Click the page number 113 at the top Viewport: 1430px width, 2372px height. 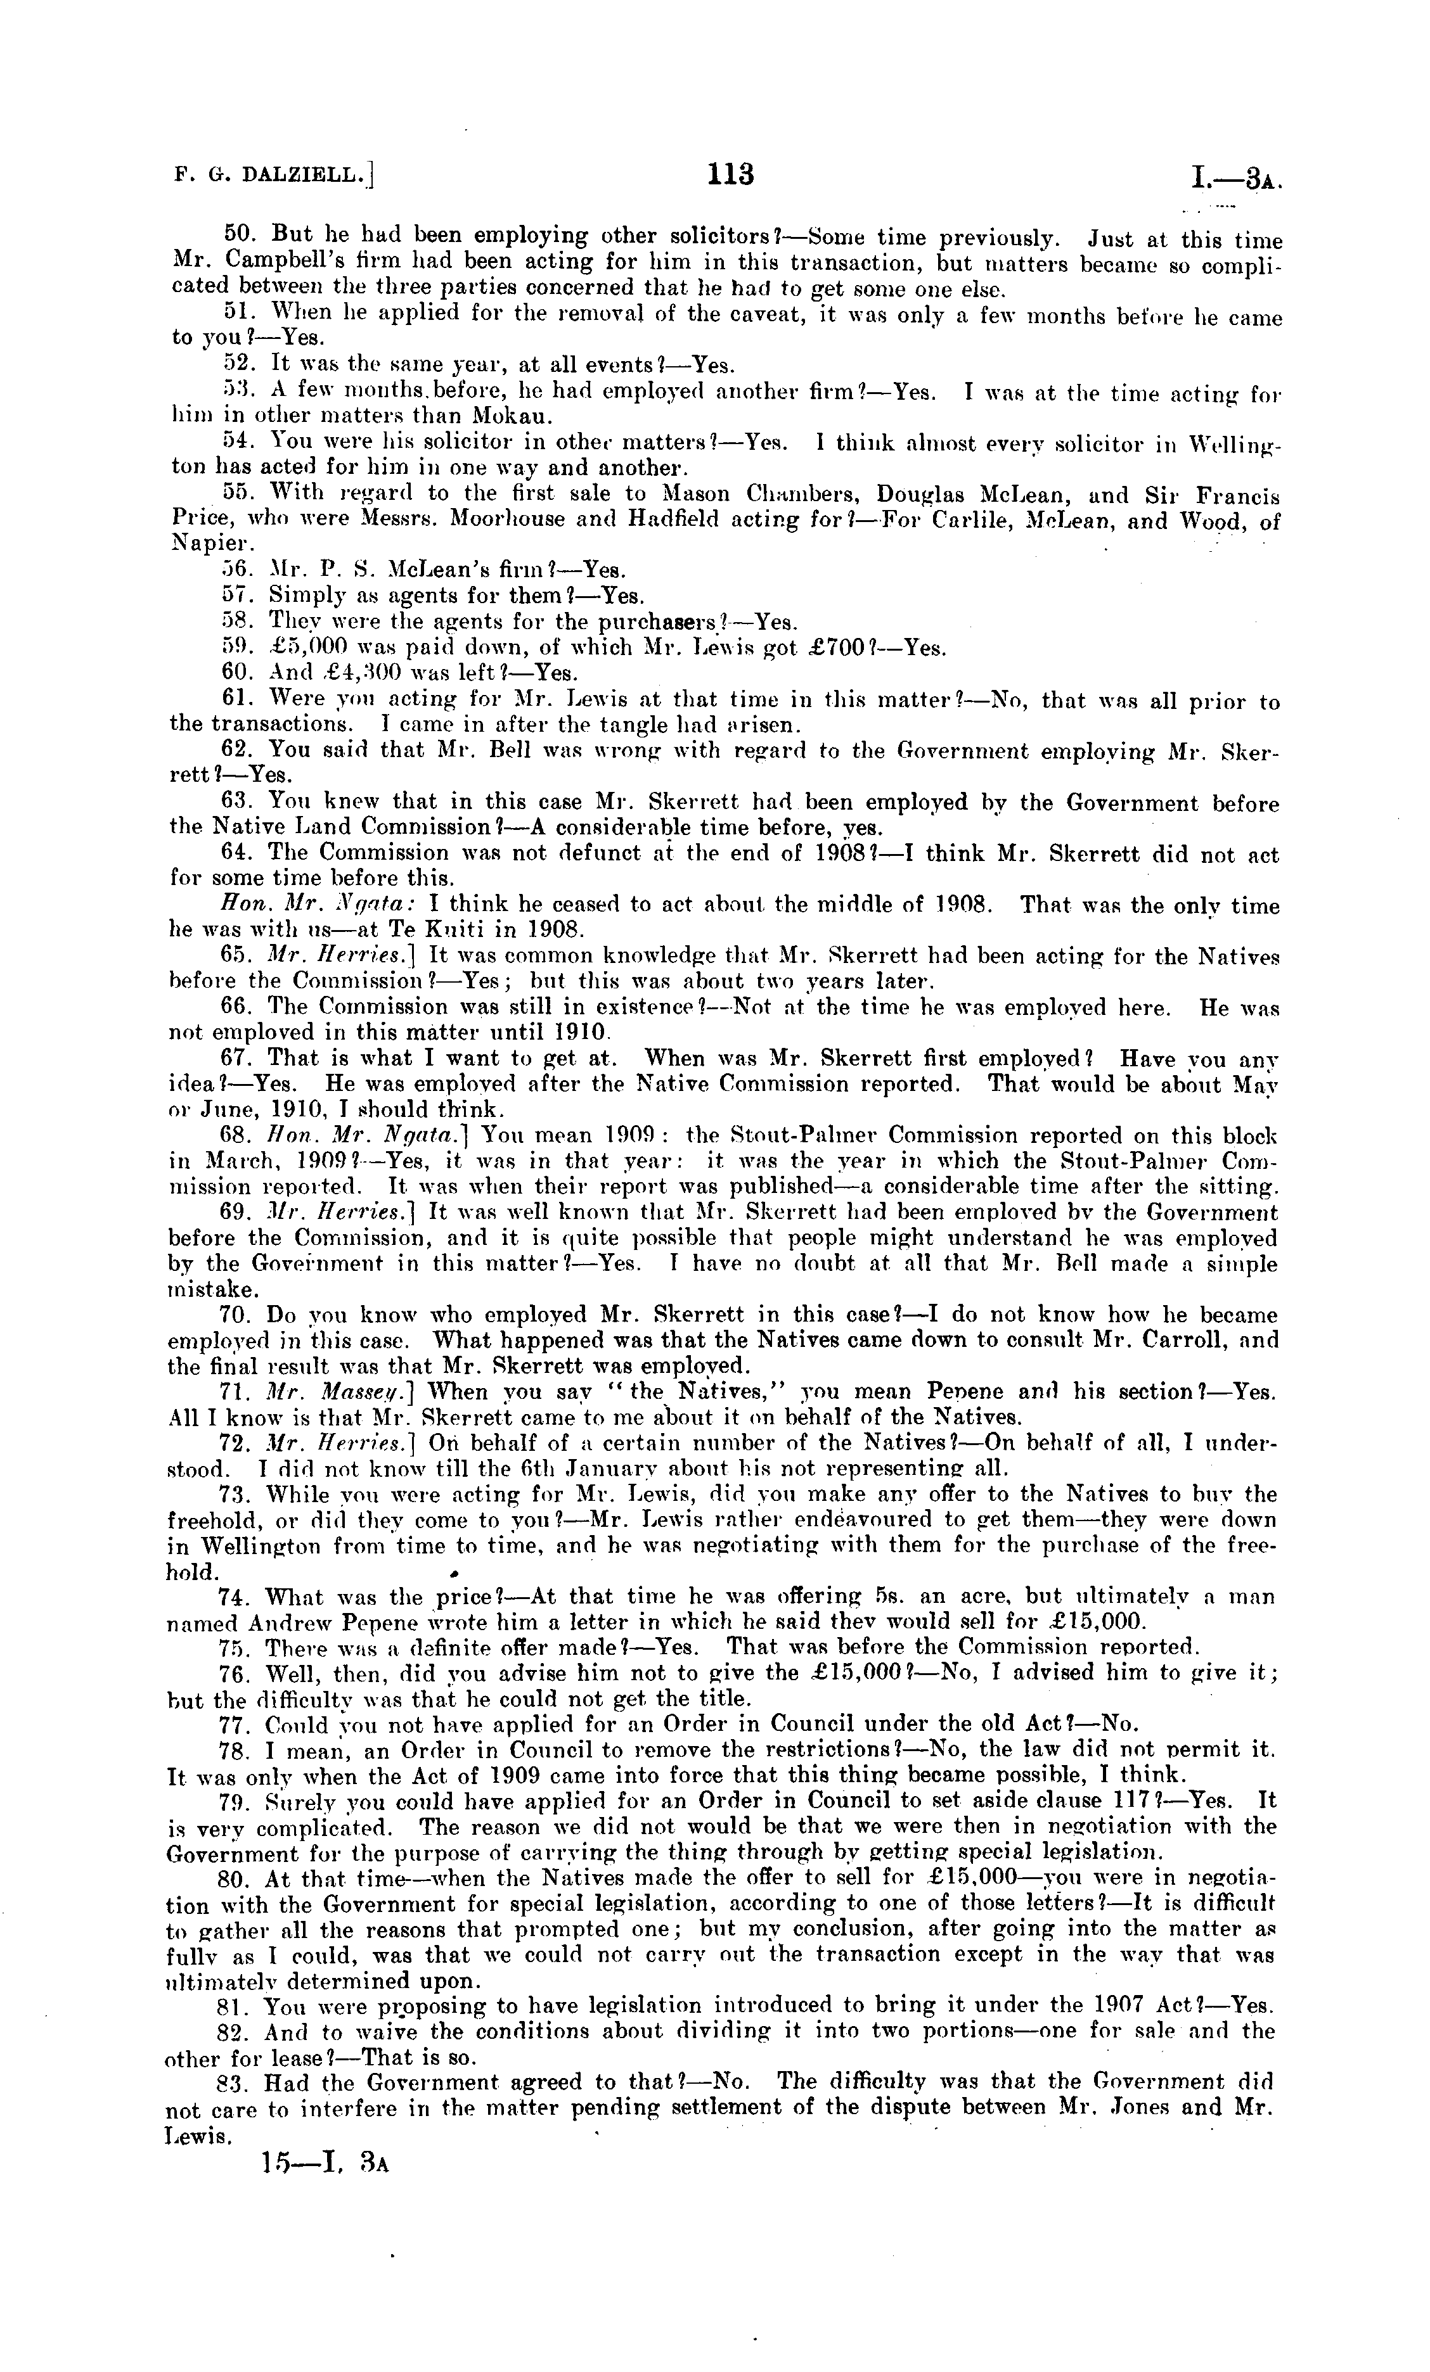point(730,174)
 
